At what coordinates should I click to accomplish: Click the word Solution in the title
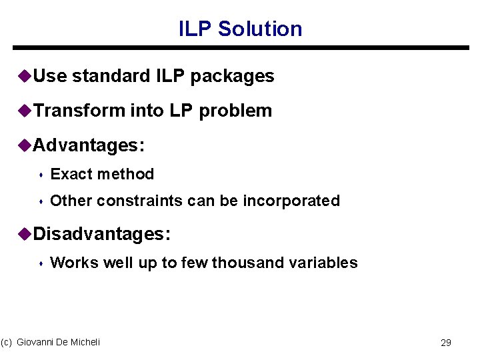point(260,29)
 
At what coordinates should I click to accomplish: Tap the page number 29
point(446,343)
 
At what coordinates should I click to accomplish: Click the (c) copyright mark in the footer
point(7,342)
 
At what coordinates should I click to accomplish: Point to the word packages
point(232,77)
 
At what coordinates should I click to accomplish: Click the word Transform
point(79,111)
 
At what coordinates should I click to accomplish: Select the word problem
point(235,111)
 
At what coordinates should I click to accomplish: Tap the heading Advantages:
point(89,145)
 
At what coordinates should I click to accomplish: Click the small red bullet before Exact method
point(41,175)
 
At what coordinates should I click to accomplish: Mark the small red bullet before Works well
point(41,264)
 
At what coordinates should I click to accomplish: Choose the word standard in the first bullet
point(111,76)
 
